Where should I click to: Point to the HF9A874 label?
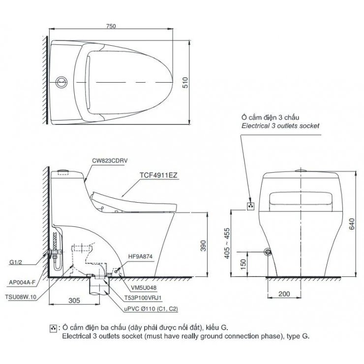pyautogui.click(x=141, y=256)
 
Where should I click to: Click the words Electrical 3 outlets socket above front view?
pyautogui.click(x=280, y=126)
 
